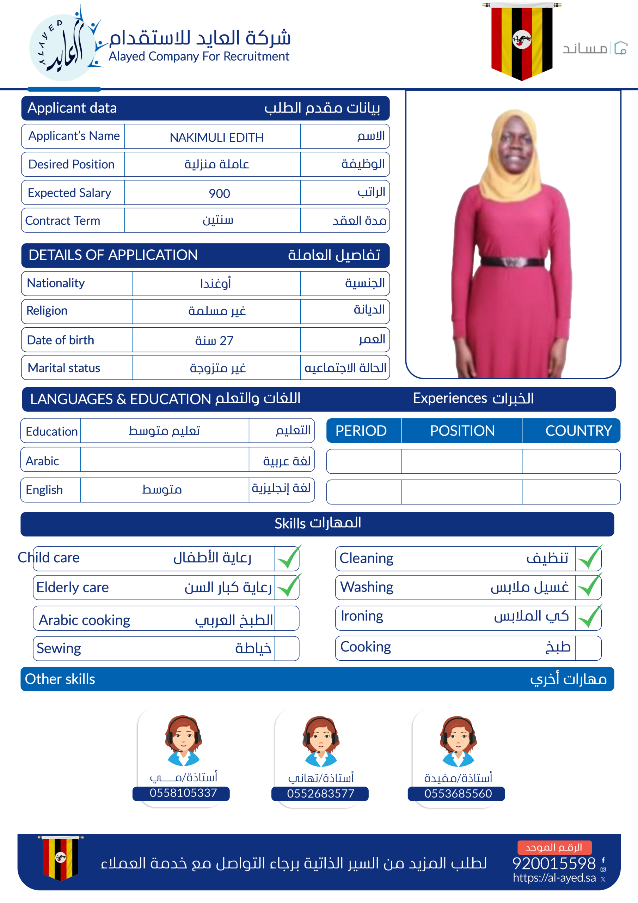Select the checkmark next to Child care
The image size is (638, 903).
pyautogui.click(x=288, y=558)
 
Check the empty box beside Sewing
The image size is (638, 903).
pyautogui.click(x=287, y=649)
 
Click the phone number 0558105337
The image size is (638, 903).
pyautogui.click(x=183, y=793)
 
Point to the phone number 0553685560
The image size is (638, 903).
pyautogui.click(x=458, y=794)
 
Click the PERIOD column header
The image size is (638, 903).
pyautogui.click(x=361, y=431)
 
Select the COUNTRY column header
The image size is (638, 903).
pyautogui.click(x=578, y=431)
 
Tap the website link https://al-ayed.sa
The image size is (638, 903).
pyautogui.click(x=554, y=878)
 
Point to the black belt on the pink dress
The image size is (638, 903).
pyautogui.click(x=512, y=261)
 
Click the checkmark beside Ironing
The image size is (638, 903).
pyautogui.click(x=589, y=617)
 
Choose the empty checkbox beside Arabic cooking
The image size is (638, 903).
pyautogui.click(x=287, y=618)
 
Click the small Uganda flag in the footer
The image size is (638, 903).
pyautogui.click(x=60, y=857)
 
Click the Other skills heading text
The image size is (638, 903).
pyautogui.click(x=60, y=679)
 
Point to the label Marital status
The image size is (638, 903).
pyautogui.click(x=64, y=368)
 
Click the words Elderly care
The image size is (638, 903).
pyautogui.click(x=72, y=588)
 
